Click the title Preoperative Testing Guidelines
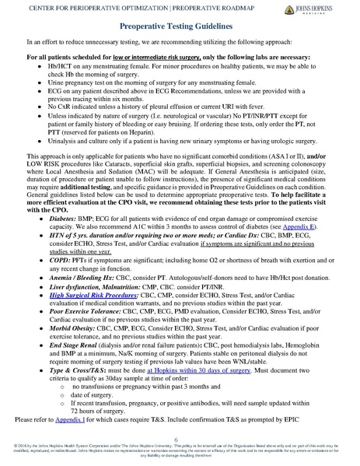(180, 26)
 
